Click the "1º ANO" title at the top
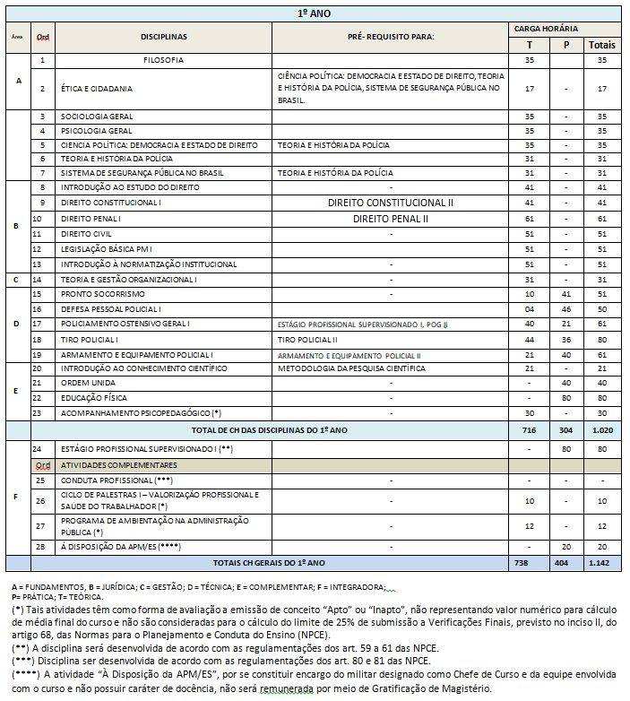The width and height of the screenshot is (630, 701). click(314, 14)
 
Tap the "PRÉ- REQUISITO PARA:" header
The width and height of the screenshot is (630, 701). click(390, 37)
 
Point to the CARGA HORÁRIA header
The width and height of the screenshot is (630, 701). click(565, 29)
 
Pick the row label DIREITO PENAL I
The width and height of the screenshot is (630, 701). click(91, 218)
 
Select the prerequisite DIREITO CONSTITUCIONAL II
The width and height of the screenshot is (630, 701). click(391, 203)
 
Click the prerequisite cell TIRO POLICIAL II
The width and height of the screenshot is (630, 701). click(307, 340)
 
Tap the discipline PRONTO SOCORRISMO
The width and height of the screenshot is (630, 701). click(102, 294)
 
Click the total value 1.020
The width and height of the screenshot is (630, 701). click(601, 430)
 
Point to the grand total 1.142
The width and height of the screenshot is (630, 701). click(601, 562)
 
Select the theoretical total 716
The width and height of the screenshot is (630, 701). click(529, 430)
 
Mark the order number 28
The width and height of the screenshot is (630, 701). click(41, 546)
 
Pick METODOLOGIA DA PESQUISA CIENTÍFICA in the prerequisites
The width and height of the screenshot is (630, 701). click(351, 368)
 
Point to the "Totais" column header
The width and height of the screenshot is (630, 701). click(601, 44)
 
